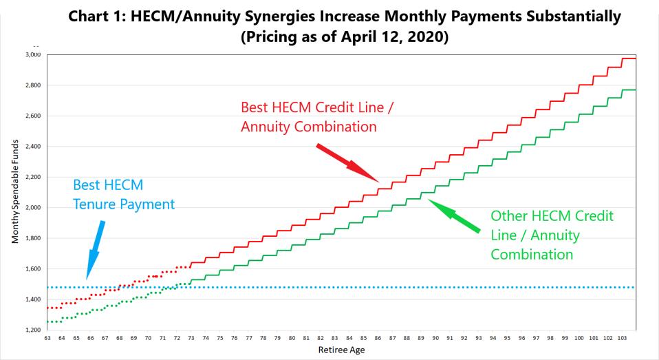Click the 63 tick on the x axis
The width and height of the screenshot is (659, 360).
pos(47,338)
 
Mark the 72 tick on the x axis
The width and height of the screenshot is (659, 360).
pos(177,338)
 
